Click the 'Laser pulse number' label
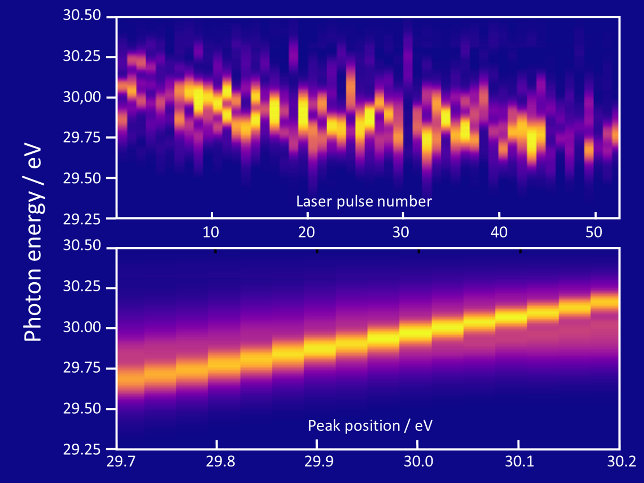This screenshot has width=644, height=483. tap(364, 202)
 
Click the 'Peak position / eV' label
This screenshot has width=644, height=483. tap(370, 426)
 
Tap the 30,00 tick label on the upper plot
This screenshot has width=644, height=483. tap(82, 97)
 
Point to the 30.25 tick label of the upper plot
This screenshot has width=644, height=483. tap(82, 56)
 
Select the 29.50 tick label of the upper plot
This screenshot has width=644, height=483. tap(82, 178)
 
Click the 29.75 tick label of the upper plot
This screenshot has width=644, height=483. tap(82, 137)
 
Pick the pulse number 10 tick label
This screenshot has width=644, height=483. tap(211, 232)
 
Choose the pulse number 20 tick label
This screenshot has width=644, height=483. tap(307, 232)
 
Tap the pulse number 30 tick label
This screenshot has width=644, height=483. tap(401, 232)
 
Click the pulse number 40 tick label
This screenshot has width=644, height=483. tap(499, 232)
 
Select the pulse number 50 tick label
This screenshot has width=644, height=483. tap(594, 232)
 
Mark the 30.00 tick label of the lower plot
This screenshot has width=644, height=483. tap(82, 327)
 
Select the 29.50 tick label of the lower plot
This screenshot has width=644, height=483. tap(82, 408)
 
